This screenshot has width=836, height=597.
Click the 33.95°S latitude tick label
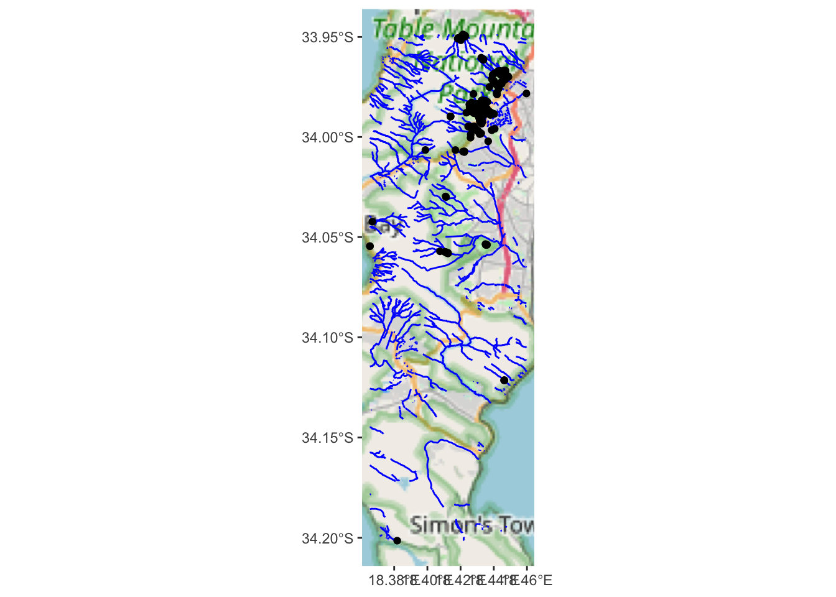click(x=327, y=37)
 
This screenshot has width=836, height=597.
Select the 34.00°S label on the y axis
click(x=327, y=137)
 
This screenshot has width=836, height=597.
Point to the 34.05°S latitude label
click(x=327, y=238)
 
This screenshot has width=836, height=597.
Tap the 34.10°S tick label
click(x=327, y=338)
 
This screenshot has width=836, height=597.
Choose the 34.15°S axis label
click(x=327, y=438)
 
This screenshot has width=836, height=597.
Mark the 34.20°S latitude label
click(x=327, y=539)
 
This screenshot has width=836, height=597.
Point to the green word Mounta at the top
click(x=489, y=29)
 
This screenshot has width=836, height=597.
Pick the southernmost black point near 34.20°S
click(x=397, y=540)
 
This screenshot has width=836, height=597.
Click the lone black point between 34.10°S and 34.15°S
click(x=504, y=380)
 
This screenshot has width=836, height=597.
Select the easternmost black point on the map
click(x=526, y=93)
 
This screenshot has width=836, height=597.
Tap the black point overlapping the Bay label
click(x=373, y=221)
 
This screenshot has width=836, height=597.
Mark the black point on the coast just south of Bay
click(x=369, y=246)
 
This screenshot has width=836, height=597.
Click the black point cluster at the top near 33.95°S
click(x=462, y=38)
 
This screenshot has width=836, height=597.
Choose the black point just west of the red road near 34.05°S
click(x=486, y=244)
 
